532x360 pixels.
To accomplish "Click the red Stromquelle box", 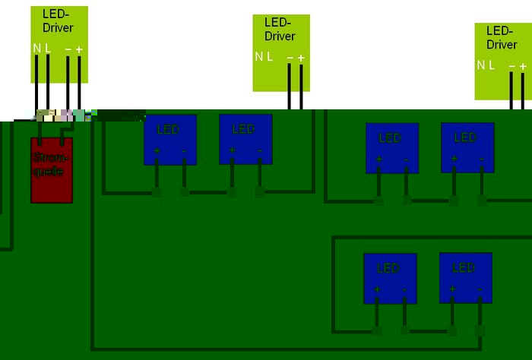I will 52,169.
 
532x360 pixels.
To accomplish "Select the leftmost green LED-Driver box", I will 59,44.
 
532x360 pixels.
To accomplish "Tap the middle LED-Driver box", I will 280,52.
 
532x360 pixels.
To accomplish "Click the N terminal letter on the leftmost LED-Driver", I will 36,48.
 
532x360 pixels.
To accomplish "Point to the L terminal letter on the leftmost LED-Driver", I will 48,48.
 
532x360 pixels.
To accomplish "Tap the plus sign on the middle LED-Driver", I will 301,58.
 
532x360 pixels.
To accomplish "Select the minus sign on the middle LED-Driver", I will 290,58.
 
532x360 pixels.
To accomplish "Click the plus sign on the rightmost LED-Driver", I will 523,66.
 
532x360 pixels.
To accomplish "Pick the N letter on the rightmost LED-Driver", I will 480,65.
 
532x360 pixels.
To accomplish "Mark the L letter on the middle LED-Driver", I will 270,56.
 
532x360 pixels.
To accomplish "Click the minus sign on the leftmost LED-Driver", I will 68,49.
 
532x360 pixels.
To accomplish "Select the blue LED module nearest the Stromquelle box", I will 170,139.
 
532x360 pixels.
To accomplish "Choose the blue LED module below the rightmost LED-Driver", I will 467,147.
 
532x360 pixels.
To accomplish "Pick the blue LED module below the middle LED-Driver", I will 245,139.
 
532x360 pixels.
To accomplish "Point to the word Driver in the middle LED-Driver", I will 280,36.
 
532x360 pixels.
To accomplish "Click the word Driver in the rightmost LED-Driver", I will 502,44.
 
